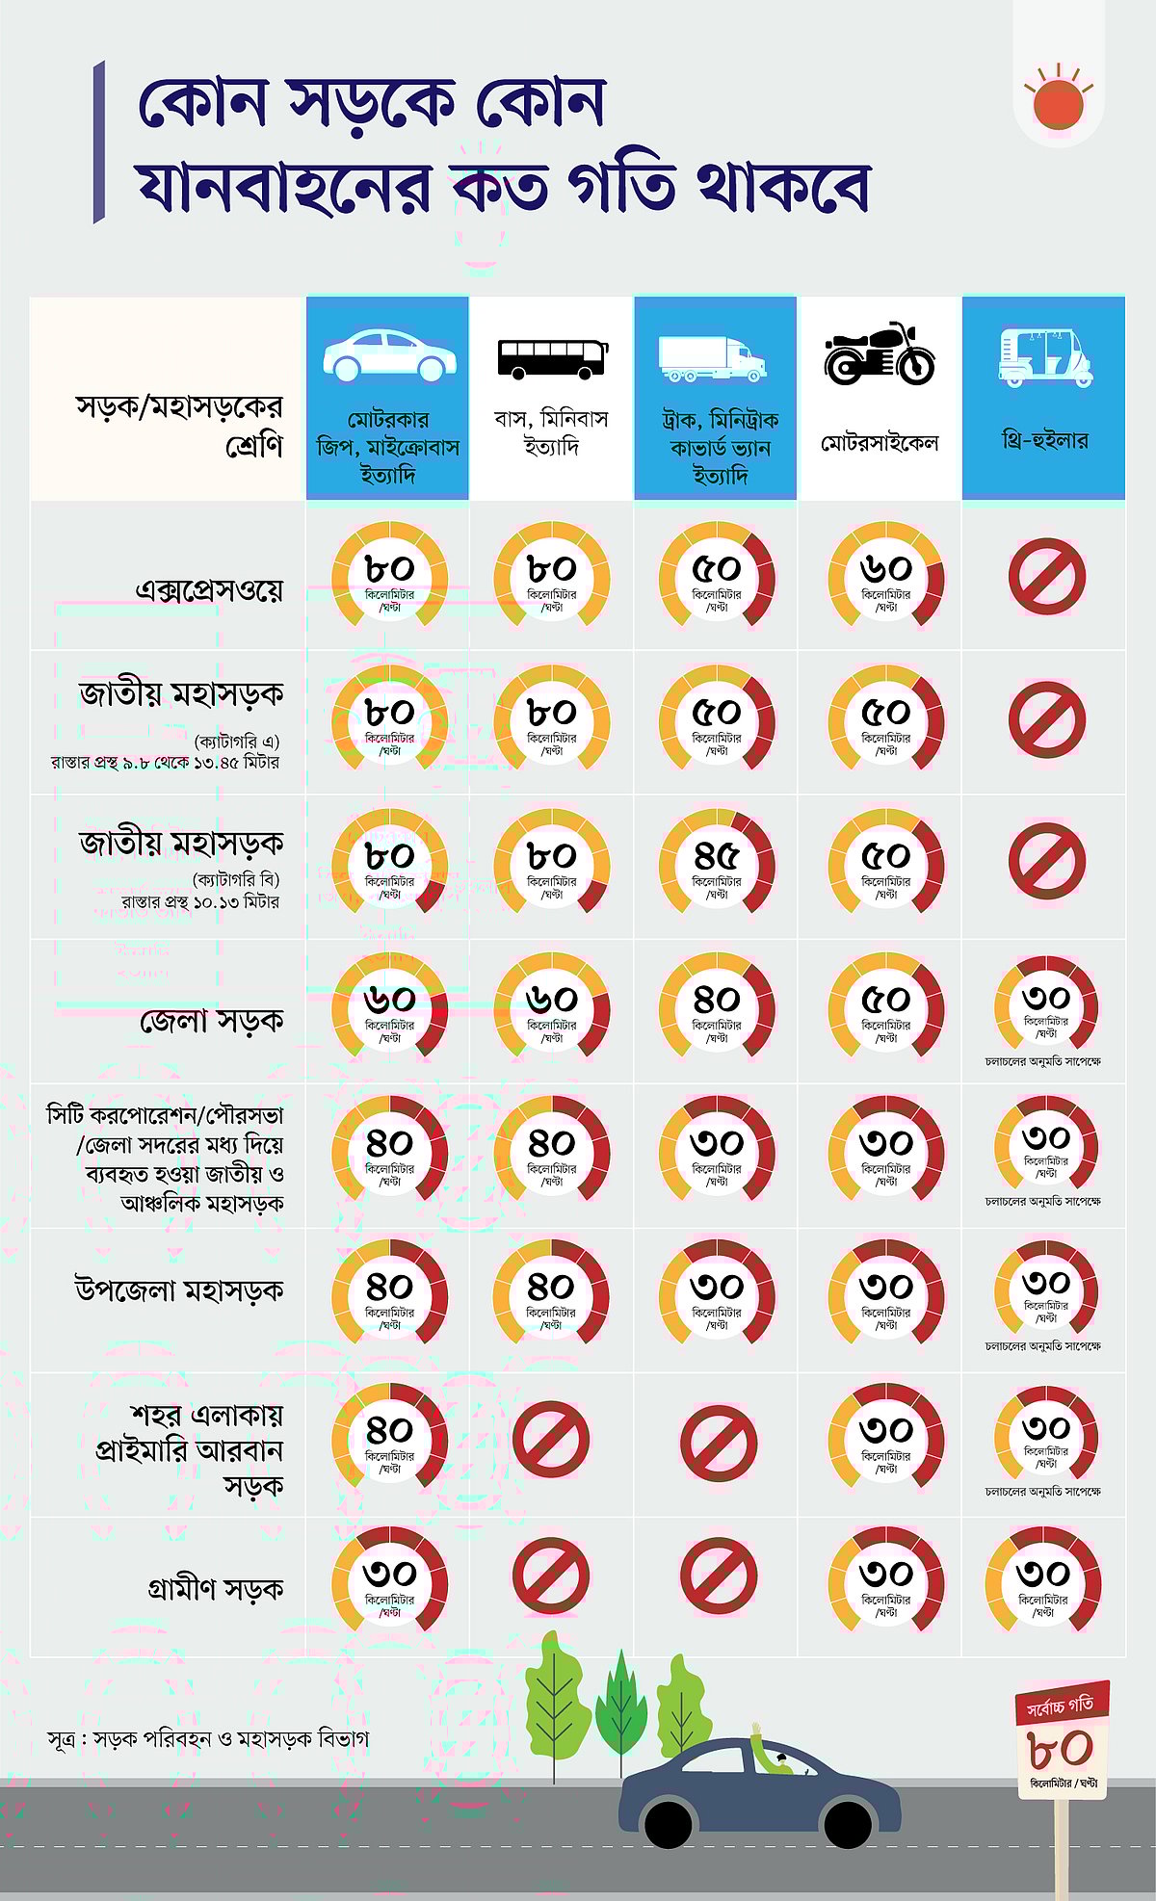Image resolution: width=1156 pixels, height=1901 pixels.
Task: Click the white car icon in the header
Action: tap(389, 354)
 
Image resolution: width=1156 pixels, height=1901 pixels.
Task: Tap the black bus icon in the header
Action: tap(552, 358)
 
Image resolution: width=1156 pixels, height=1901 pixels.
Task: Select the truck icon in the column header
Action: tap(712, 358)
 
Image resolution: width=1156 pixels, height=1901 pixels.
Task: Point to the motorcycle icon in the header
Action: tap(879, 354)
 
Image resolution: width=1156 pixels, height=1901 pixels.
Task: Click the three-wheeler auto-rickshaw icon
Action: tap(1044, 356)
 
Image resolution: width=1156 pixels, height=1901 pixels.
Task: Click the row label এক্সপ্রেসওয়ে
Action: tap(210, 588)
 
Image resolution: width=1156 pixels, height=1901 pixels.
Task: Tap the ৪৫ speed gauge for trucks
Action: tap(717, 860)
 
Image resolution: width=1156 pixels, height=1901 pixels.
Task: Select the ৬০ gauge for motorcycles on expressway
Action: tap(885, 574)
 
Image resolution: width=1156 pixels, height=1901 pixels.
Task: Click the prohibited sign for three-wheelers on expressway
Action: tap(1047, 576)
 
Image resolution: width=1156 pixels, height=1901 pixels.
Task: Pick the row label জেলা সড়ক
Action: tap(212, 1019)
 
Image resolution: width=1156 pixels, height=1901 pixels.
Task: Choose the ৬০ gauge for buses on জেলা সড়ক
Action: tap(551, 1004)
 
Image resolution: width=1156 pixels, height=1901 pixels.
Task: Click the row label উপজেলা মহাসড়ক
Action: tap(179, 1289)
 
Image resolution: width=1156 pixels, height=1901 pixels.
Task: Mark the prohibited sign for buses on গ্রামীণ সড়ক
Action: tap(550, 1576)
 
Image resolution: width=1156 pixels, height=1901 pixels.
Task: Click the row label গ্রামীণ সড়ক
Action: tap(216, 1588)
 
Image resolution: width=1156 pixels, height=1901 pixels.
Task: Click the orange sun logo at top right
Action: tap(1058, 102)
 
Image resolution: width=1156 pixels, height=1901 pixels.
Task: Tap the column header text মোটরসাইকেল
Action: tap(879, 443)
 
